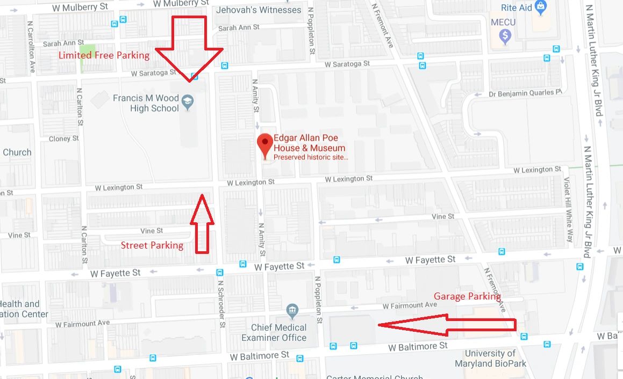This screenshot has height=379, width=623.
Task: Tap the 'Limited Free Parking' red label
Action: pos(104,55)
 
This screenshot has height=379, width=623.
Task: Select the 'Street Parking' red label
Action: pos(152,245)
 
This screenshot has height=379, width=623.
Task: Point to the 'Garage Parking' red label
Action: pos(467,296)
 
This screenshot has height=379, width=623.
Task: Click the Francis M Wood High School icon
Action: pos(187,101)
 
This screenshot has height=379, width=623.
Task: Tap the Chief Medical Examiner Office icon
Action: pos(292,310)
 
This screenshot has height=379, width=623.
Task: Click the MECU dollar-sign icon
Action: pos(504,36)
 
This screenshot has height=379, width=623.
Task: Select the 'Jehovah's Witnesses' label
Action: pos(258,10)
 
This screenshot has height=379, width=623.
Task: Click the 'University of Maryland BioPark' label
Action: pos(490,359)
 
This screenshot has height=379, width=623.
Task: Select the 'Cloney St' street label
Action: pos(63,139)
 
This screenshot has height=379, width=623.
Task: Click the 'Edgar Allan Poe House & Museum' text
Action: pos(309,143)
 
